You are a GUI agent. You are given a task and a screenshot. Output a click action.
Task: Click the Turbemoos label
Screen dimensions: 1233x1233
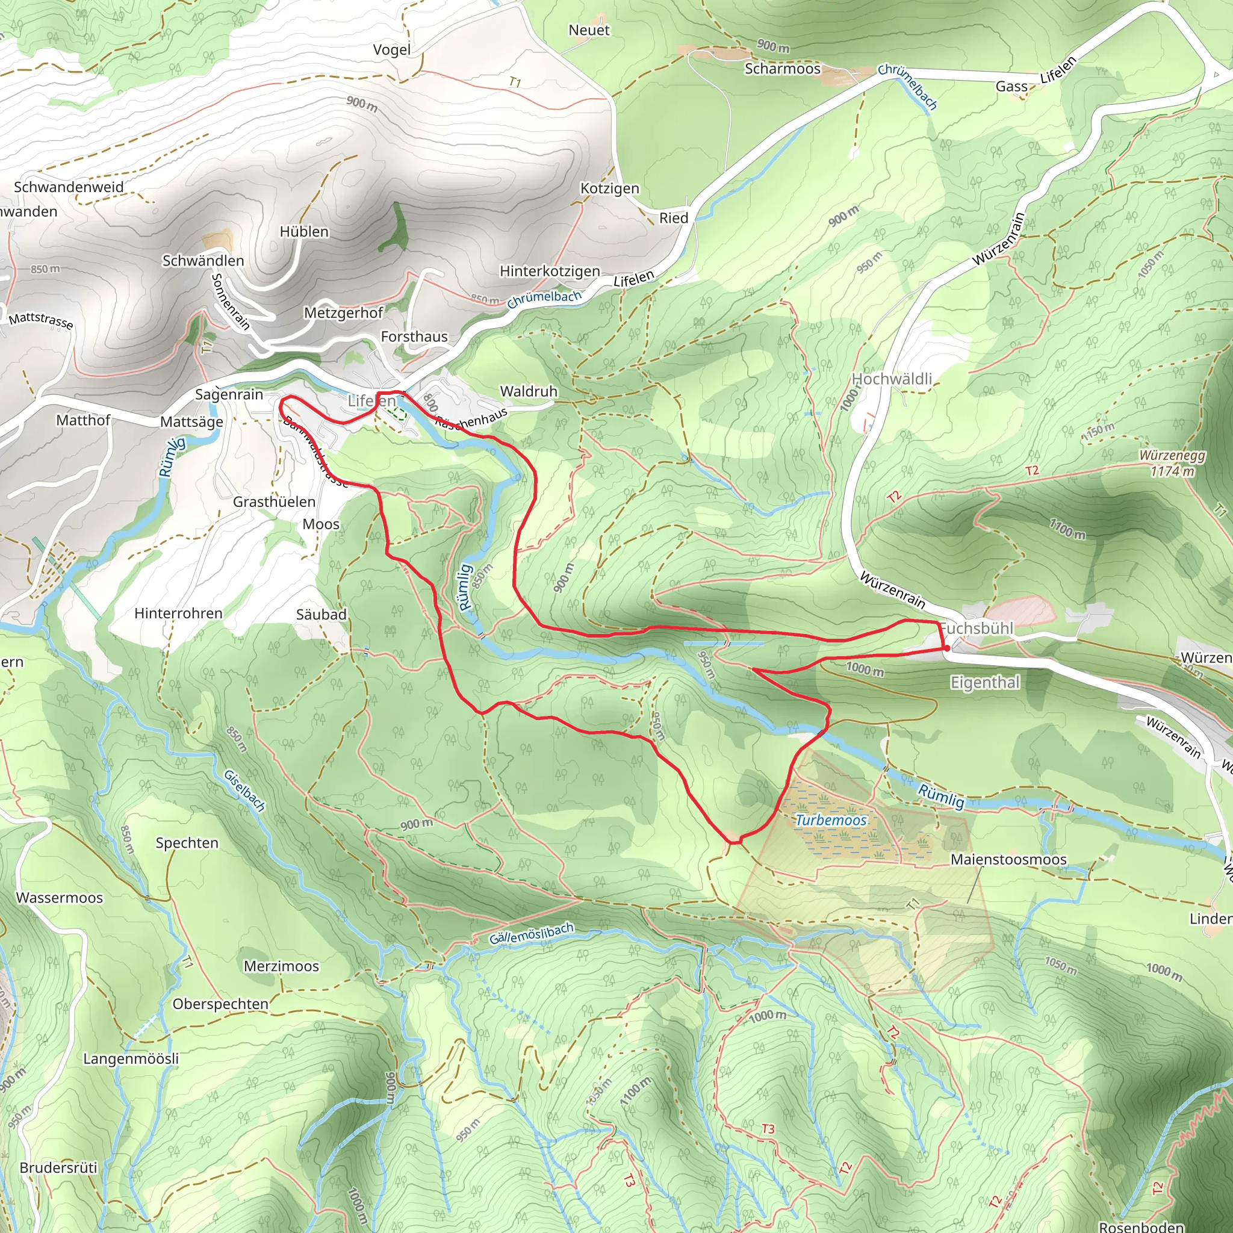831,820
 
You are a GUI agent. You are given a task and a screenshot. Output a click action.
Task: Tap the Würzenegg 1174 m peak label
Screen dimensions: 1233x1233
1172,464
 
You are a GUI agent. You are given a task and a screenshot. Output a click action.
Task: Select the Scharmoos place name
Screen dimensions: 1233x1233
783,69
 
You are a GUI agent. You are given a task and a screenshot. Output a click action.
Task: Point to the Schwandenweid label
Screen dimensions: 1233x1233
69,187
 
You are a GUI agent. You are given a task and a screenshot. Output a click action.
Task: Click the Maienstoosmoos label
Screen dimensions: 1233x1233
1008,860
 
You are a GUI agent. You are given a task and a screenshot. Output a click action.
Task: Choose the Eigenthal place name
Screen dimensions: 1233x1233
985,682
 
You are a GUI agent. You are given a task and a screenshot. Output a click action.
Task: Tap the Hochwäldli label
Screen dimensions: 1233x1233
892,379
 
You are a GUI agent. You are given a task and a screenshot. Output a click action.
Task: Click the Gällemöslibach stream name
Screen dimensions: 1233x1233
532,934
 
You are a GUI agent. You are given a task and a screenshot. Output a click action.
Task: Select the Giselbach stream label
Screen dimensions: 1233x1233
244,790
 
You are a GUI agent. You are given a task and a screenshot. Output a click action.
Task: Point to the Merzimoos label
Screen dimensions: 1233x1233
281,966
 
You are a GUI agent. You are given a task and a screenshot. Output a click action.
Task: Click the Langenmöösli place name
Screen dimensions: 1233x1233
131,1059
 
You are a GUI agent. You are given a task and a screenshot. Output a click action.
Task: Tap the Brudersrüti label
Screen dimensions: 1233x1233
59,1168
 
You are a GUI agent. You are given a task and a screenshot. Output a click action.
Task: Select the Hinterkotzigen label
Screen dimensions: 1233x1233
550,272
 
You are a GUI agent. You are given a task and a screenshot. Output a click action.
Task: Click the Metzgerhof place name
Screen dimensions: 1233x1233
343,312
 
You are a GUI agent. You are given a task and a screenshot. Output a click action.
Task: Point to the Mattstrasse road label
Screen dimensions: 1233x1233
41,320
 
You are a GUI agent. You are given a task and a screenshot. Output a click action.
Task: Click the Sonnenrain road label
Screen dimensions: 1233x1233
230,301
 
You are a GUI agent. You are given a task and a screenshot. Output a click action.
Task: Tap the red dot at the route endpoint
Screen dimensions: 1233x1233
946,648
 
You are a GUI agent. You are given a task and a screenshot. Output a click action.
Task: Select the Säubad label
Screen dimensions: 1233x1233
321,615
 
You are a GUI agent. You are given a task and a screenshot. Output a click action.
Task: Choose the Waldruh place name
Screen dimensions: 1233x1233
529,391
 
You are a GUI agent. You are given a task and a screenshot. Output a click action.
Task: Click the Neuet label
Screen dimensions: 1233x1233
589,30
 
